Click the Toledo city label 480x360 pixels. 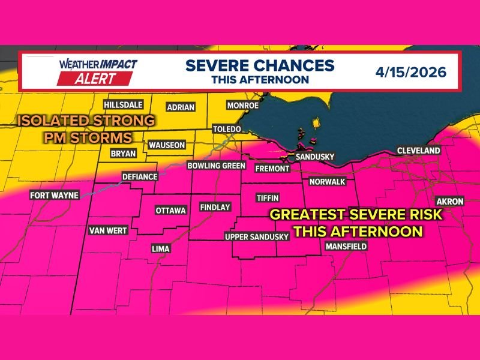coord(227,130)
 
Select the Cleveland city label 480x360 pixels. coord(418,151)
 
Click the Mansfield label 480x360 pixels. coord(346,247)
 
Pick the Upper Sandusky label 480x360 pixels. coord(257,237)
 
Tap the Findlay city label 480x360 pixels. coord(215,207)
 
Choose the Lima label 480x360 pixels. coord(160,248)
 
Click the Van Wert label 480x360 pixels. coord(108,230)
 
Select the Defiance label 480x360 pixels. coord(139,177)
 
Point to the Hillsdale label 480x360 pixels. coord(123,104)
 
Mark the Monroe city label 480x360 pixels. coord(242,106)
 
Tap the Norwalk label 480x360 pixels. coord(328,181)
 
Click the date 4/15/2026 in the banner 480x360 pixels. coord(411,73)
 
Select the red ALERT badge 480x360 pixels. coord(95,78)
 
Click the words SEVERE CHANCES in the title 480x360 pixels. coord(259,65)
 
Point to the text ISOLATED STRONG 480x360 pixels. coord(86,121)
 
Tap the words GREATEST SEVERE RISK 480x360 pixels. coord(355,215)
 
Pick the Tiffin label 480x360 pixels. coord(267,197)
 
